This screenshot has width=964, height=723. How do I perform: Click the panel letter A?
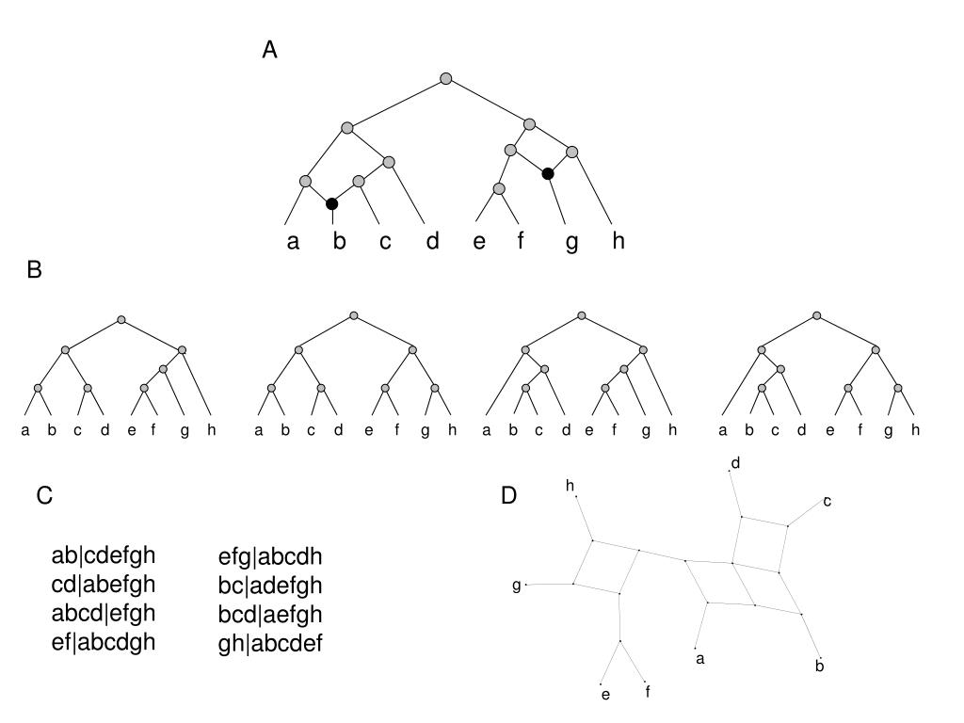269,51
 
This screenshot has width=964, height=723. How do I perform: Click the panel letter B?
35,270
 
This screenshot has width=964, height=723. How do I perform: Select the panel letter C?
44,495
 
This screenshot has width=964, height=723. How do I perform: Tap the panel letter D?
508,495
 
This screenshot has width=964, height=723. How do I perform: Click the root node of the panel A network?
446,78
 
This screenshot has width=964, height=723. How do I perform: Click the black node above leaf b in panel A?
331,203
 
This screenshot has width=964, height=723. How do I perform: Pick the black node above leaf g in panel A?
548,173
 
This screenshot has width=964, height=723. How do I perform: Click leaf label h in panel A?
619,241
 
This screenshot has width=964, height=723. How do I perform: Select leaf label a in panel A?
293,242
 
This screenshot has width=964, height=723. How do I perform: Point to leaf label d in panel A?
432,241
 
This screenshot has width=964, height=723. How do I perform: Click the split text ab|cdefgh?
103,554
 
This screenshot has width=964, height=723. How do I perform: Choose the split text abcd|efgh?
103,613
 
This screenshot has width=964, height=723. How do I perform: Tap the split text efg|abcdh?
270,556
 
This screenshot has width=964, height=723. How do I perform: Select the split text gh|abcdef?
270,645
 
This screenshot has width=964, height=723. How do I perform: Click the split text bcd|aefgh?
270,615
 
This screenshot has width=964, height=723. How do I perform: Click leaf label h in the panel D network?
570,485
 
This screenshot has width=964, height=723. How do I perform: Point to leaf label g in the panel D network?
516,586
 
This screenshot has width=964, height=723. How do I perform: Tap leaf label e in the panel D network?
605,696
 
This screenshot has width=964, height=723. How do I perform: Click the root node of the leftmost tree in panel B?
120,320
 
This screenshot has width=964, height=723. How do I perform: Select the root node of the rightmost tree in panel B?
816,315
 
